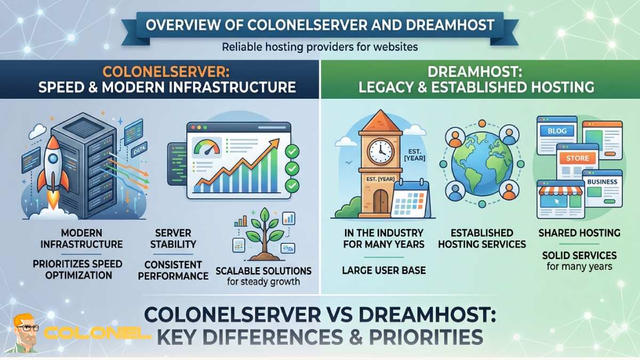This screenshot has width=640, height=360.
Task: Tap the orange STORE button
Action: click(x=578, y=158)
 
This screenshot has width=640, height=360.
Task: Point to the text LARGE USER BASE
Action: click(x=383, y=270)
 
